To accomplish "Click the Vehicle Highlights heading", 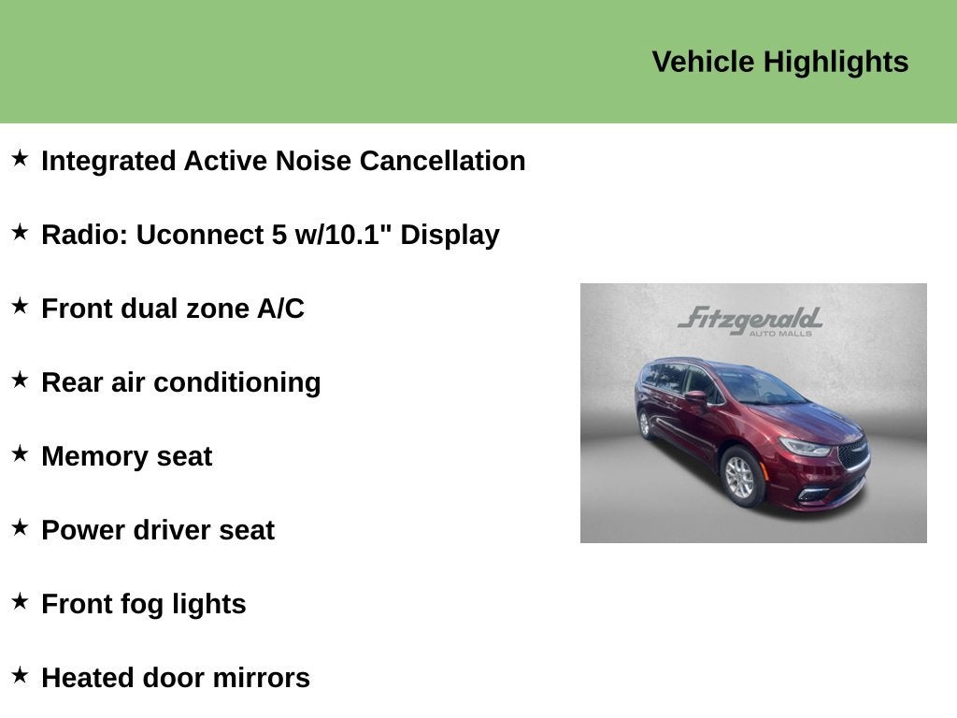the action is tap(780, 63).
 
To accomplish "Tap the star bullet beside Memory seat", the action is tap(21, 453).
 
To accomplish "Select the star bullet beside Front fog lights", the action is tap(21, 601).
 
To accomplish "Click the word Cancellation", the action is tap(442, 161).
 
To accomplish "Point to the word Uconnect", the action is tap(204, 235).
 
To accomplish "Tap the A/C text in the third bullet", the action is tap(280, 309).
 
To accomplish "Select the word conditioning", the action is tap(237, 383).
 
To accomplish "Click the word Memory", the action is tap(94, 456).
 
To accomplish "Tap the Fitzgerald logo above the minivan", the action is tap(750, 321).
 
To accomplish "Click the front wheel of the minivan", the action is tap(741, 477).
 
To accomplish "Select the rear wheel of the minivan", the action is tap(645, 424).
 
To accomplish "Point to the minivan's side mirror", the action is tap(696, 397).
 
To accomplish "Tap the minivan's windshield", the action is tap(759, 387).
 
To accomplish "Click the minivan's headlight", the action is tap(806, 448).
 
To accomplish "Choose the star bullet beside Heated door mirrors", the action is tap(21, 675).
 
